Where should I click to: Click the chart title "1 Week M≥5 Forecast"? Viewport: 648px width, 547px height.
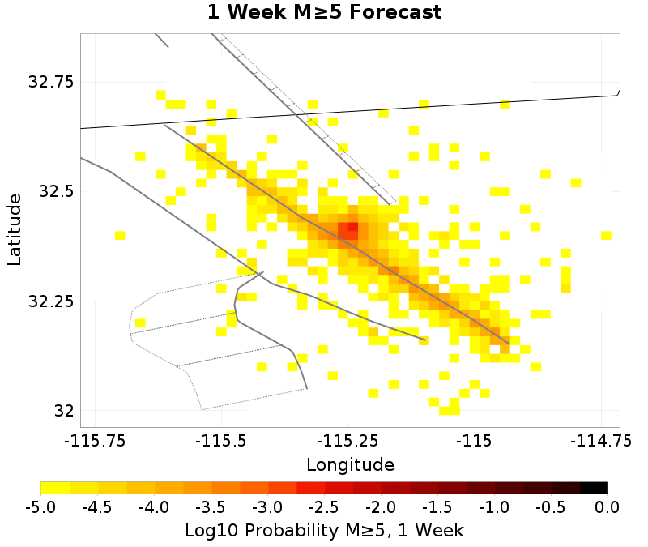[324, 13]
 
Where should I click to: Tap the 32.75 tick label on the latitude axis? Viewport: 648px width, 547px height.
[50, 82]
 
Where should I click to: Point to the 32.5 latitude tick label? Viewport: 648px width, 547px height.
[55, 192]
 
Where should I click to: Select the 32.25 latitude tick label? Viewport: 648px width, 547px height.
[50, 301]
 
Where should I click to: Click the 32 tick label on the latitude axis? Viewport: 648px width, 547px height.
[63, 411]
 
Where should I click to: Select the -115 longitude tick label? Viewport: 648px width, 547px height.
[475, 442]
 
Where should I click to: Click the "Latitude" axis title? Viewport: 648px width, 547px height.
[15, 229]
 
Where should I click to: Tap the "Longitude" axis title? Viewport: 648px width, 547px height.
[350, 465]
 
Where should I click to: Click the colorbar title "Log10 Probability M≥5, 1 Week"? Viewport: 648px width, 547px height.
[324, 531]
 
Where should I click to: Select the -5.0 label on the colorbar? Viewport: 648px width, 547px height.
[40, 508]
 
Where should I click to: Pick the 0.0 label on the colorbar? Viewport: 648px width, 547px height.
[607, 508]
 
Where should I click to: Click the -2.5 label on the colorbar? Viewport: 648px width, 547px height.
[324, 508]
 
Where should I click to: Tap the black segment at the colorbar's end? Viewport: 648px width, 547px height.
[594, 488]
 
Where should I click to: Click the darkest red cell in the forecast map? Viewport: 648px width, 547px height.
[352, 227]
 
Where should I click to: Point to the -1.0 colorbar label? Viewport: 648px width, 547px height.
[494, 508]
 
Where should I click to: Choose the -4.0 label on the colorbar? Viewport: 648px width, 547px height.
[154, 508]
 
